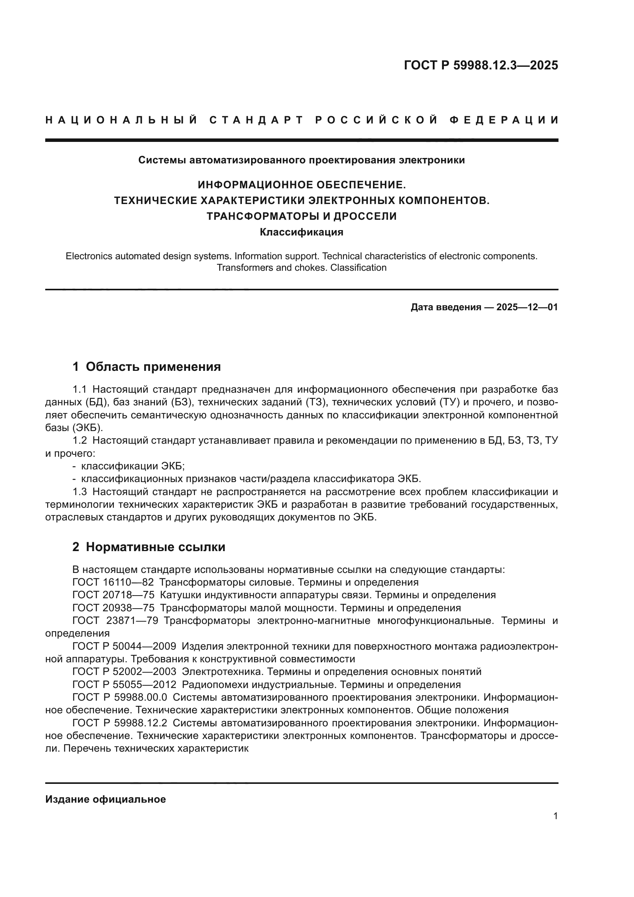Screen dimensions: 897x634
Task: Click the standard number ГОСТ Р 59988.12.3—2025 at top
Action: pos(481,65)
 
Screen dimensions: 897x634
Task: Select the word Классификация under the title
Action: pos(301,232)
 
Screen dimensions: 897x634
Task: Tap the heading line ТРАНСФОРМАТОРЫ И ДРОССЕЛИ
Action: pos(301,216)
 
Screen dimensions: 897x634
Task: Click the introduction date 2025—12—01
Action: pos(527,307)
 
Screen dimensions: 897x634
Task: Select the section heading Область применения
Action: pos(153,367)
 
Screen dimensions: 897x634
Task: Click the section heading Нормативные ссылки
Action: pos(155,547)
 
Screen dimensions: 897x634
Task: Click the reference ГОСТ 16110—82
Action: pos(113,582)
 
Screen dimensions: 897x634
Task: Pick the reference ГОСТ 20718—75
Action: pos(113,595)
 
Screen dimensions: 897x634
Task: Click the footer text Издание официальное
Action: pos(105,799)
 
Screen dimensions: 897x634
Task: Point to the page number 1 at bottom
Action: pos(555,816)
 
